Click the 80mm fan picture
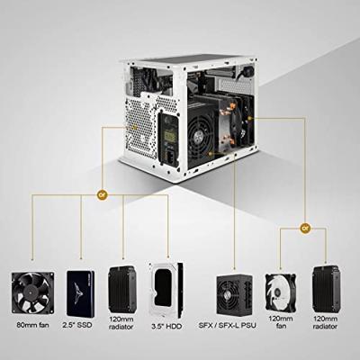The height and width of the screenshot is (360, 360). coord(33,293)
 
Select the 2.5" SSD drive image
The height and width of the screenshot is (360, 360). coord(80,293)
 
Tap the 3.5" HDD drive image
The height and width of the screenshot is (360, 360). coord(166,290)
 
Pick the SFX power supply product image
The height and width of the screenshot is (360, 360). coord(234,294)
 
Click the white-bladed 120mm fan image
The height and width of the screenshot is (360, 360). coord(281,292)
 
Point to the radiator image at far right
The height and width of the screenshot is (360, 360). coord(326,289)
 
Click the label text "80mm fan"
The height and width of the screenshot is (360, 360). coord(33,325)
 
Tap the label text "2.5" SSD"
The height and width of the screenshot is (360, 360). coord(77,325)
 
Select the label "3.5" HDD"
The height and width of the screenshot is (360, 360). coord(166,327)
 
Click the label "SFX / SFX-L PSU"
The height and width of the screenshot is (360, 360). coord(228,325)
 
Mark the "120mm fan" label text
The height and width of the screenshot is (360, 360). coord(281,322)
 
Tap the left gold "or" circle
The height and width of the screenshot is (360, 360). coord(103,194)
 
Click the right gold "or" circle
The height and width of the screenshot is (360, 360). coord(305,229)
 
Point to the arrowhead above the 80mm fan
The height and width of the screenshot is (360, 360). coord(32,257)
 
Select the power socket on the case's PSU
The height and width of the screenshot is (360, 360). coord(171,157)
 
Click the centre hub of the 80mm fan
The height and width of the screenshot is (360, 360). coord(31,292)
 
